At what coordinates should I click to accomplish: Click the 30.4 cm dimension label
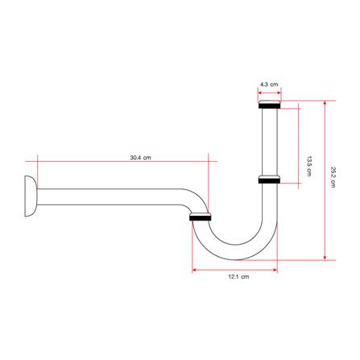pos(140,158)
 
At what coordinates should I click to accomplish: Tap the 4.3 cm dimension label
pos(269,85)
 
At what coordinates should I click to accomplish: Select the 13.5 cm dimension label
pos(309,166)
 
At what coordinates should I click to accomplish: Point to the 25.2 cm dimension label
pos(333,177)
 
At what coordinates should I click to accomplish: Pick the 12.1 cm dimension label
pos(238,277)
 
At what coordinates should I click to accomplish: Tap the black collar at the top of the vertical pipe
pos(270,105)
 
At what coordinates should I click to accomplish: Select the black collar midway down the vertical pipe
pos(269,180)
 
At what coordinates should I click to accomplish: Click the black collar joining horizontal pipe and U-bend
pos(201,217)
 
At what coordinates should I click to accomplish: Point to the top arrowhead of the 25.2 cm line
pos(325,103)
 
